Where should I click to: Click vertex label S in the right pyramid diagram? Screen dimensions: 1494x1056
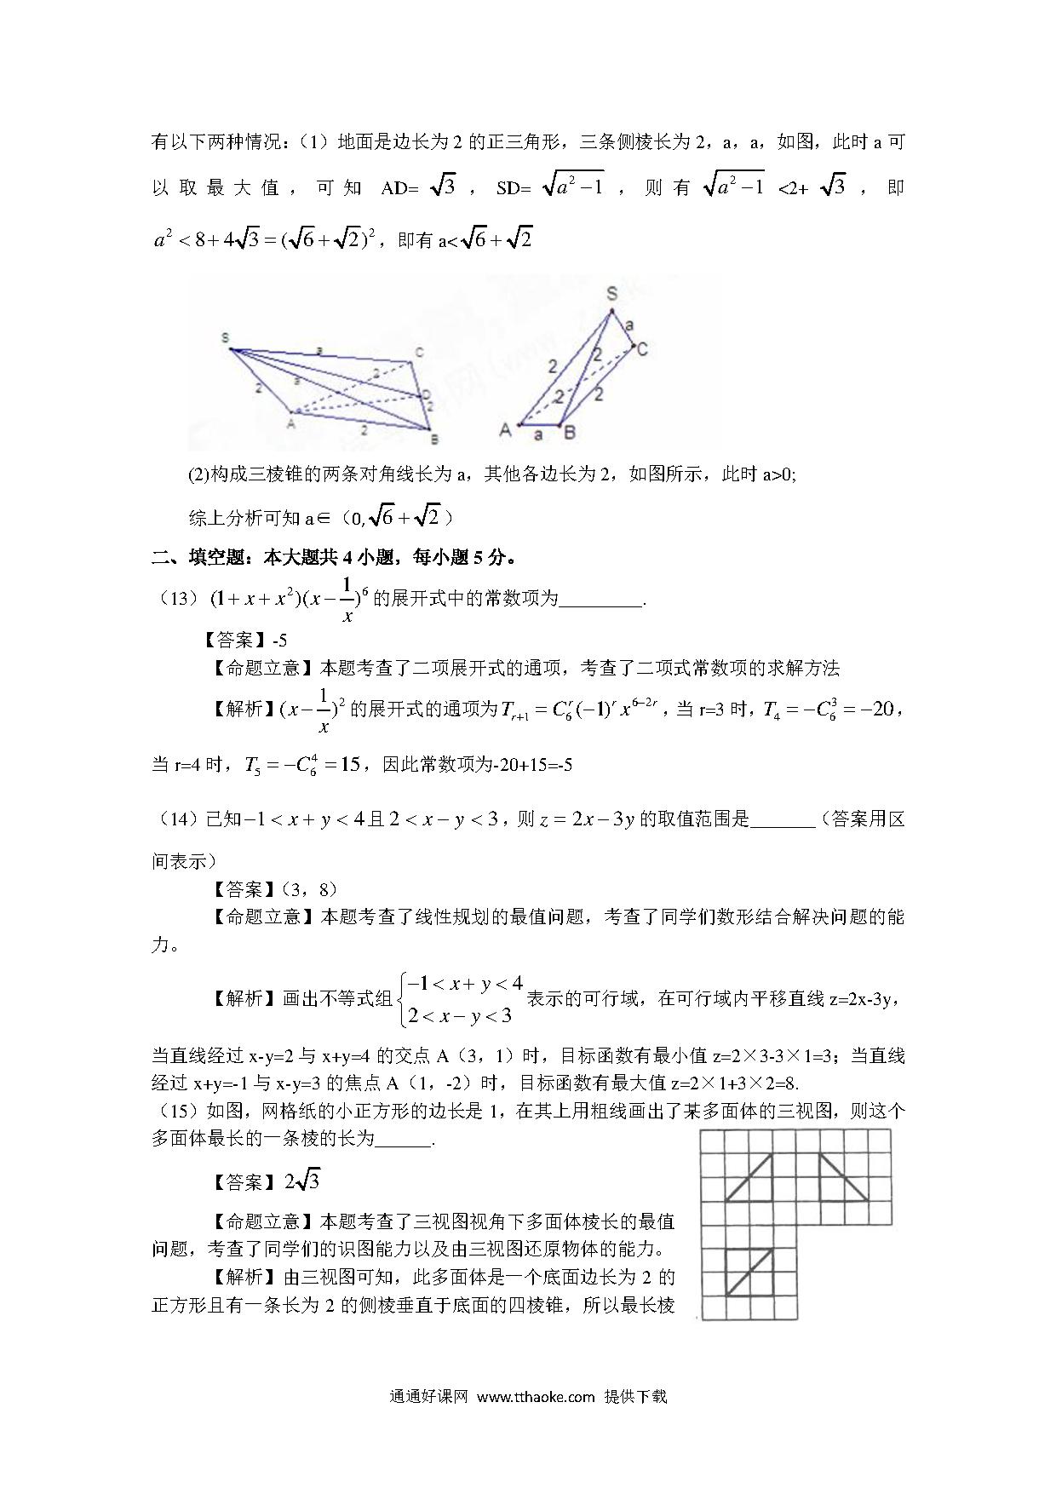611,294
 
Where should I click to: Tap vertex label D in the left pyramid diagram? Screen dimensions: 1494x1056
425,394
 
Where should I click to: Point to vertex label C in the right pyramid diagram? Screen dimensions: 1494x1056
642,348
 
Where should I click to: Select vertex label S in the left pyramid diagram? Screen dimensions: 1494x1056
226,338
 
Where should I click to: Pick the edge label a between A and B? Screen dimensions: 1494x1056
537,435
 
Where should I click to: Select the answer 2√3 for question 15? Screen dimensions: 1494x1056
302,1181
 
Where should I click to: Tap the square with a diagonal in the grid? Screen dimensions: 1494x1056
749,1272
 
